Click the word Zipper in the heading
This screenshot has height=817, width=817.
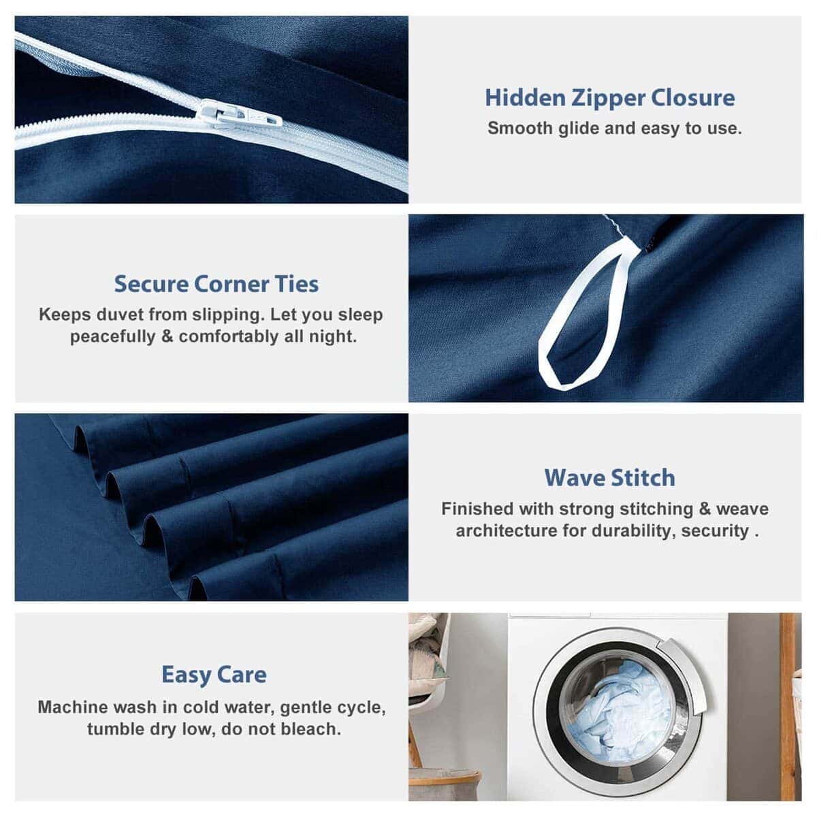tap(607, 98)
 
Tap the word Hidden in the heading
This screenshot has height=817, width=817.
tap(525, 97)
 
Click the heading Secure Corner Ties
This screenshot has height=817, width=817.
tap(217, 284)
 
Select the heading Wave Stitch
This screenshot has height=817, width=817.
tap(609, 478)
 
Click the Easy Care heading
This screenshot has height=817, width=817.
tap(214, 675)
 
